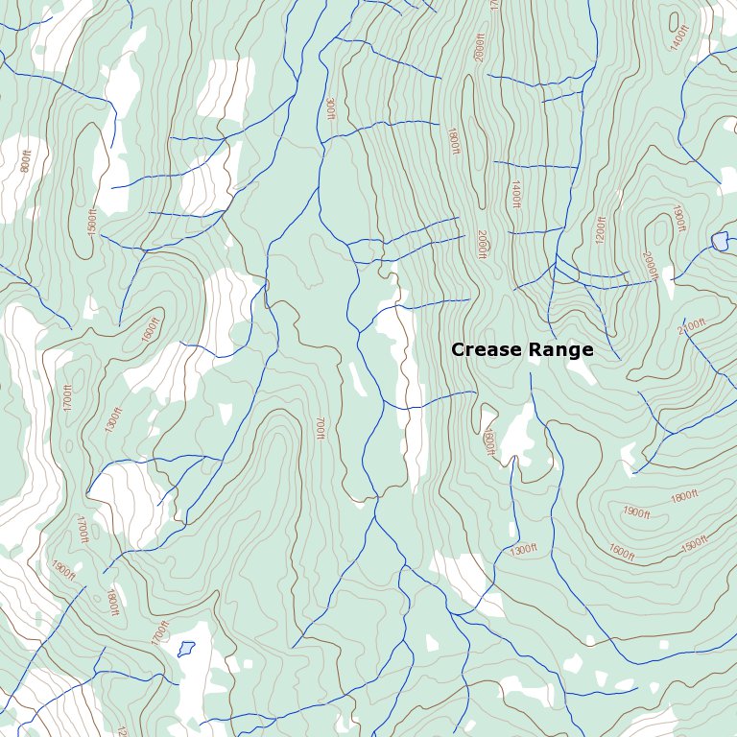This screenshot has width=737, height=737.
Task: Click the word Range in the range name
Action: click(560, 350)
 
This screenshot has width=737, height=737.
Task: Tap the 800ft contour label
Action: click(25, 163)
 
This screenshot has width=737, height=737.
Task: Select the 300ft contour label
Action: click(330, 107)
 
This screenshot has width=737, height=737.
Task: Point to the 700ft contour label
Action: click(321, 428)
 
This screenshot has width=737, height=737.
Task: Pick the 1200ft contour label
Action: click(602, 228)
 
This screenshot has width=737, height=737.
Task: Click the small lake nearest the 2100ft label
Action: click(719, 240)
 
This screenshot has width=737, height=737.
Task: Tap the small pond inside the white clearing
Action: click(186, 649)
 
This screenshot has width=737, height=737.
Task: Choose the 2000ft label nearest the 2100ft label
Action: click(650, 265)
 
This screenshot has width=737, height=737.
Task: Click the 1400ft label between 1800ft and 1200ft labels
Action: click(515, 194)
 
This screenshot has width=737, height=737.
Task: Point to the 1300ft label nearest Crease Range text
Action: click(523, 550)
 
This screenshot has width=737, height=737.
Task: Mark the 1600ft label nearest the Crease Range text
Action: click(488, 441)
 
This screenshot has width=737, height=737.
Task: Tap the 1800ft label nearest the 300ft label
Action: click(453, 141)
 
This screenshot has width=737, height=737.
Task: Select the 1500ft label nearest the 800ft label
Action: click(92, 222)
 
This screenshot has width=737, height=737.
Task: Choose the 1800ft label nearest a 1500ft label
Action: click(684, 497)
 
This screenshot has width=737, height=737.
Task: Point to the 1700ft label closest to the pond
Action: click(159, 632)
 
